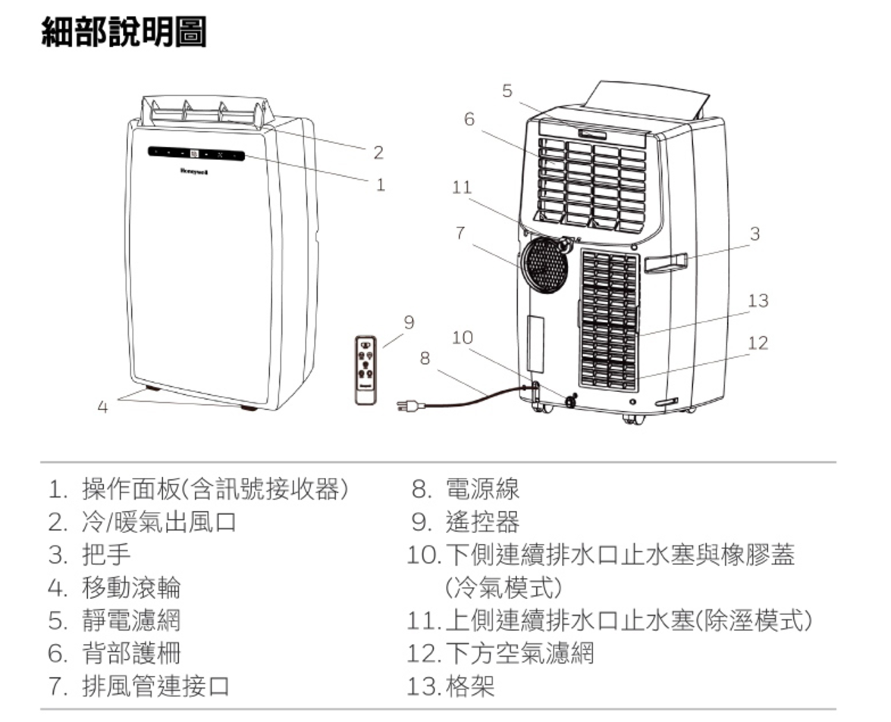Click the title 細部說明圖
[124, 33]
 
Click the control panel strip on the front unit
[196, 154]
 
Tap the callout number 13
[758, 300]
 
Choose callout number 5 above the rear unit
[507, 90]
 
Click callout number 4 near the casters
[102, 407]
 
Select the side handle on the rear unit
[666, 262]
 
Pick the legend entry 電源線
[482, 488]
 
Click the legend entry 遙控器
[482, 522]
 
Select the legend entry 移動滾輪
[131, 588]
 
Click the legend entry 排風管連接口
[155, 686]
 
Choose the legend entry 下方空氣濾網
[519, 653]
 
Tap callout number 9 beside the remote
[409, 322]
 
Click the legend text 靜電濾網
[131, 620]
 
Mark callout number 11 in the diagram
[462, 187]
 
